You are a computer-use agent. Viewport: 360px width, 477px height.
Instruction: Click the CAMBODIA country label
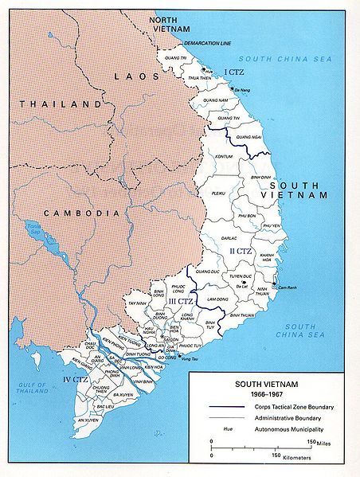click(71, 213)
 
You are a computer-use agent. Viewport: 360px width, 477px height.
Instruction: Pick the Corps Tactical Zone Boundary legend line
click(226, 407)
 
